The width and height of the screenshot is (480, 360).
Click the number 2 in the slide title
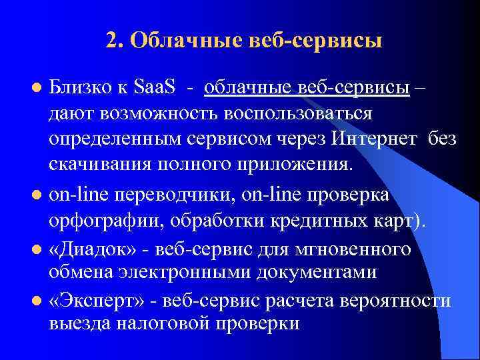point(111,41)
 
